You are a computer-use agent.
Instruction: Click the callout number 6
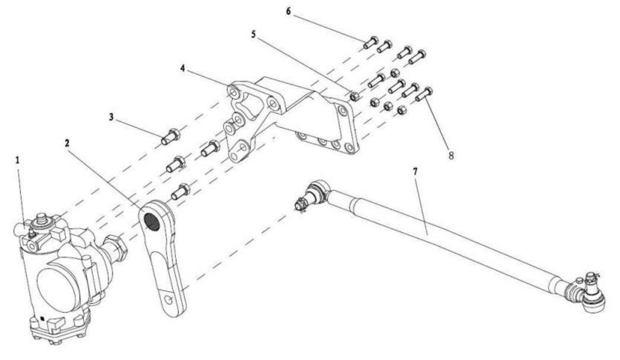288,11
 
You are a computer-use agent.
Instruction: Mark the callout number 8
451,156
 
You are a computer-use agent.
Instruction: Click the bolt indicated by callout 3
170,137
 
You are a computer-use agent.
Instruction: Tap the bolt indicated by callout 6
370,43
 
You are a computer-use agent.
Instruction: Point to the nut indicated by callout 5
354,96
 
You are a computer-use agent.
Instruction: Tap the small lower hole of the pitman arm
168,300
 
